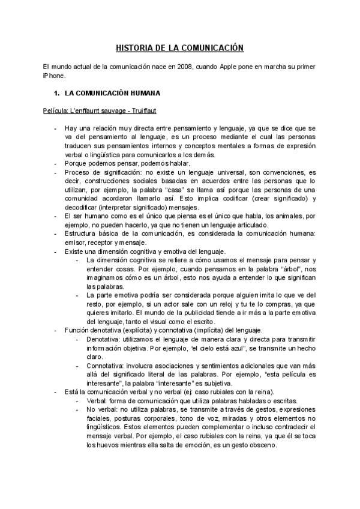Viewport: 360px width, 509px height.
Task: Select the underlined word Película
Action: (56, 111)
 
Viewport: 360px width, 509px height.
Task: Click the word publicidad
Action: (226, 313)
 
